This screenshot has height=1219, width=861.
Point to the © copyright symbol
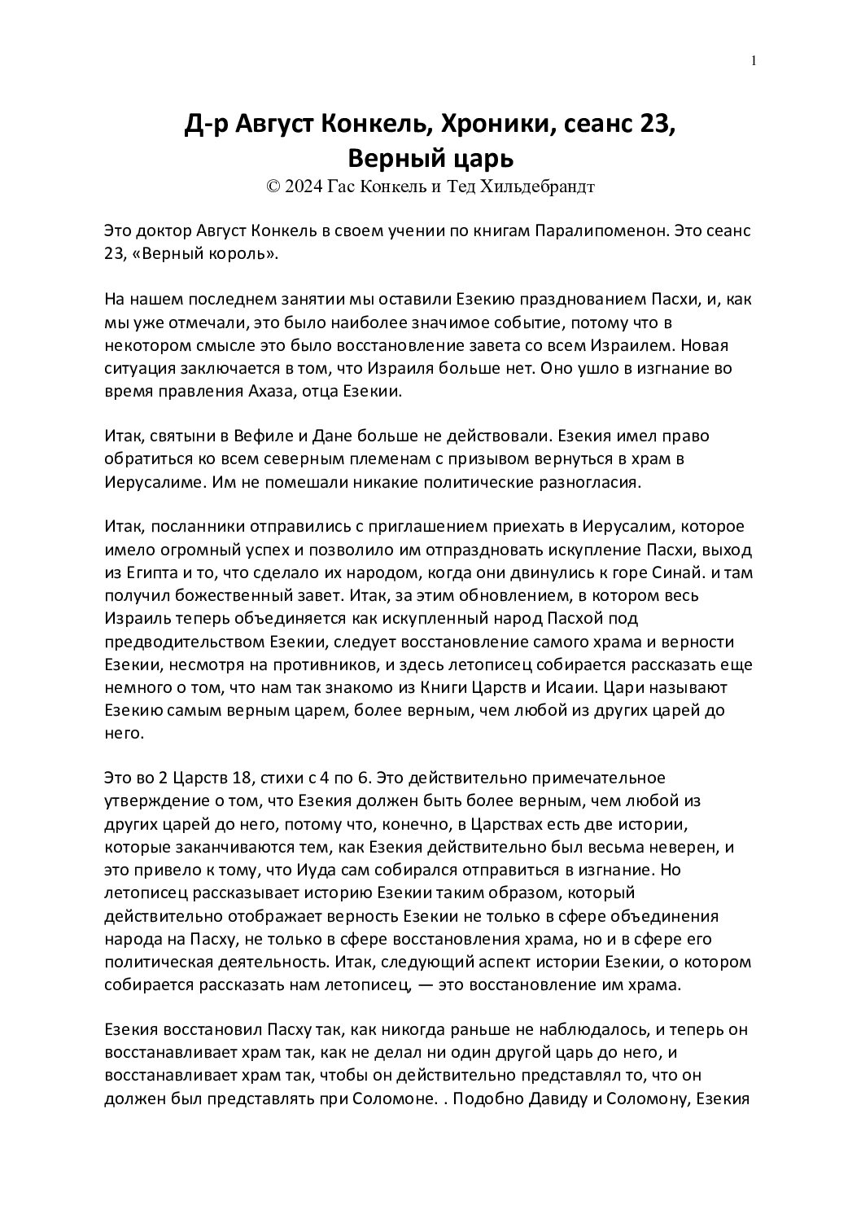(273, 187)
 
